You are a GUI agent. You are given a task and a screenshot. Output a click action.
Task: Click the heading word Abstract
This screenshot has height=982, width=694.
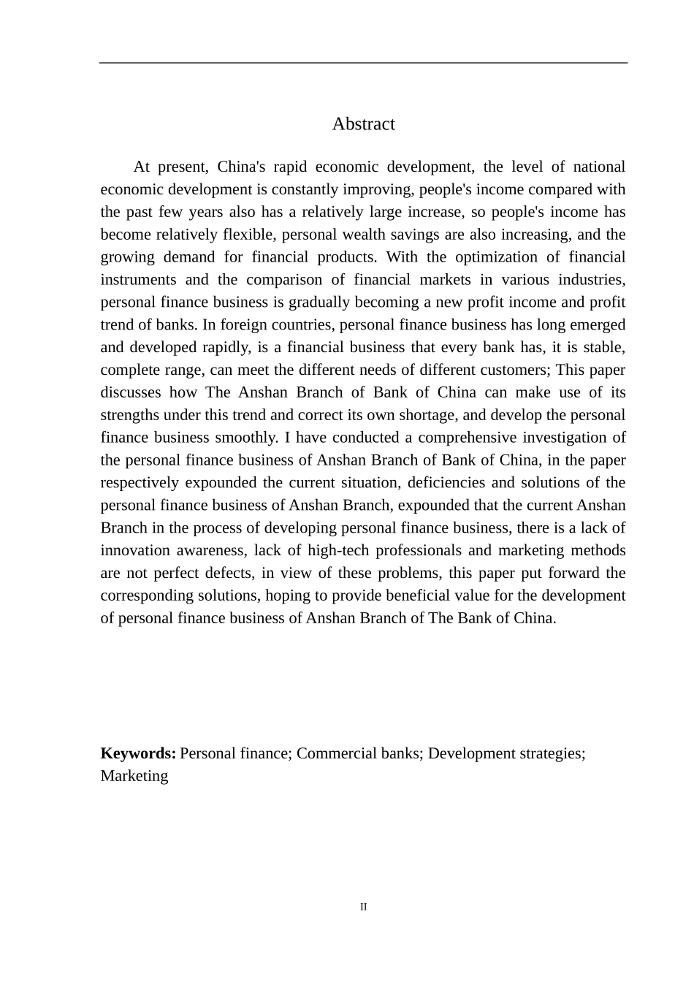click(x=363, y=124)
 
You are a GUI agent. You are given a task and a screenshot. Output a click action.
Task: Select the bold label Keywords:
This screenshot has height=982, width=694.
click(x=138, y=753)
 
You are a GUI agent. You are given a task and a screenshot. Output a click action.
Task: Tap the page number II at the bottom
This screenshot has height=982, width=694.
click(x=363, y=907)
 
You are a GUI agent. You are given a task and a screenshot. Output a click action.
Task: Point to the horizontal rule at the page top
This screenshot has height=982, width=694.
click(x=363, y=63)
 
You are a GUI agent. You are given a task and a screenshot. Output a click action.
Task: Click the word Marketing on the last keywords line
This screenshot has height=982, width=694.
click(x=134, y=776)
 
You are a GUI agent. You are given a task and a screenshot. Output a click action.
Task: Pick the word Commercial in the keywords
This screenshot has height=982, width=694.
click(x=332, y=753)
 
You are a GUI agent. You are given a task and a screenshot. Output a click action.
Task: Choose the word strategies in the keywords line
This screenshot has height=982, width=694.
click(x=549, y=753)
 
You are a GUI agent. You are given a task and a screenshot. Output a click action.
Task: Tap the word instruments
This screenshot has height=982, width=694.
click(x=137, y=280)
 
